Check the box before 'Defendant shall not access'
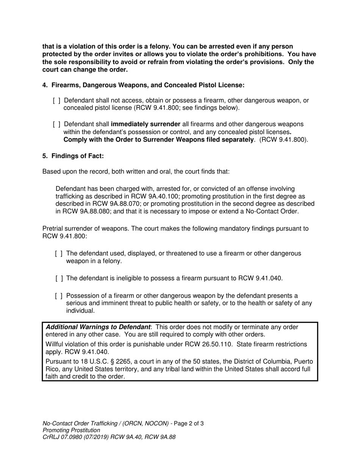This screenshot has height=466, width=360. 56,101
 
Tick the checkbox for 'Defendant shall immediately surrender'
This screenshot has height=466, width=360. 56,124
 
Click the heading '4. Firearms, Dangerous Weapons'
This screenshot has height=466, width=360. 143,85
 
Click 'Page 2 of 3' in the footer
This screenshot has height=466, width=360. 188,424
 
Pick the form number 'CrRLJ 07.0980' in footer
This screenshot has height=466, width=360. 63,437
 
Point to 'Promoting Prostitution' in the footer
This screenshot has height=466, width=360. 71,430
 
